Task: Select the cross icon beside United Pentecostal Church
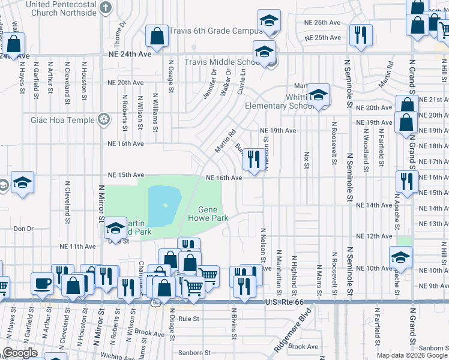[106, 8]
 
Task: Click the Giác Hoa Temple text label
[62, 120]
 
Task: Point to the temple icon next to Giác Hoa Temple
[104, 120]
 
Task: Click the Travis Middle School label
[222, 62]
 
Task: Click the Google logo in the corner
[20, 353]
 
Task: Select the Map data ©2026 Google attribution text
[412, 355]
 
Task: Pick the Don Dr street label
[23, 229]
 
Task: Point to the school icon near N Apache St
[400, 257]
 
